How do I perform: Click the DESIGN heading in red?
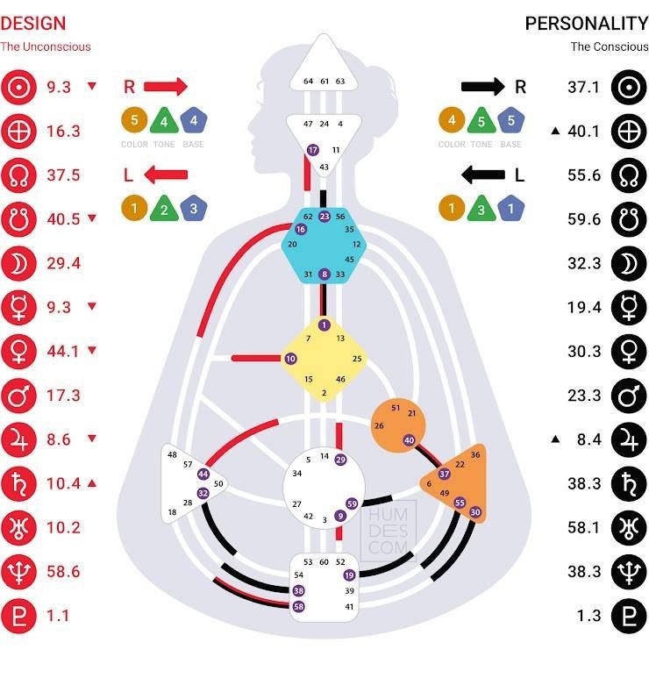32,24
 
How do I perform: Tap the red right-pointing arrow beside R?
166,86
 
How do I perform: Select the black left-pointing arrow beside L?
482,175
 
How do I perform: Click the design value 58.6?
63,571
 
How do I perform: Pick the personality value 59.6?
584,219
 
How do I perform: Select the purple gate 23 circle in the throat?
324,216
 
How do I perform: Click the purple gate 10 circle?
290,358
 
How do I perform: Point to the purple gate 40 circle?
409,440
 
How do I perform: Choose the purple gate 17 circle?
313,151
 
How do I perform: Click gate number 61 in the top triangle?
324,81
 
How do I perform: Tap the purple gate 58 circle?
298,606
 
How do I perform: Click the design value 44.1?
63,351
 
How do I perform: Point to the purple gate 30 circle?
475,511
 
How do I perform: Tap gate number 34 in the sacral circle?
297,473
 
